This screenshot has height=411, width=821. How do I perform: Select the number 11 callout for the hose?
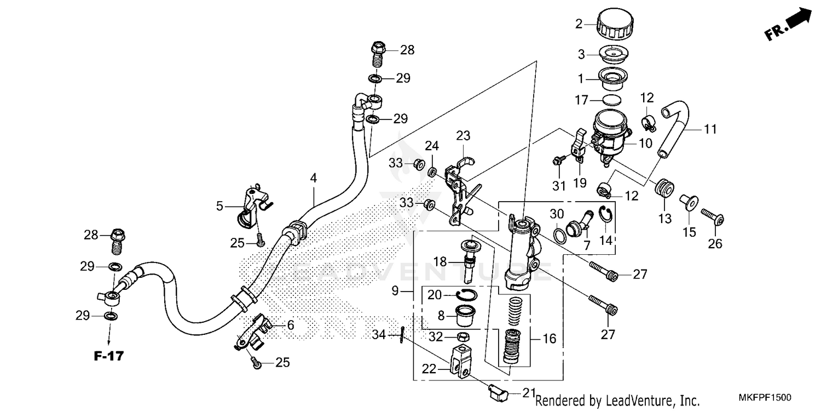(710, 129)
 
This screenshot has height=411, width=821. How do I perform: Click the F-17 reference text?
(108, 356)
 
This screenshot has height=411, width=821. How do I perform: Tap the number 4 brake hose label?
(313, 178)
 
